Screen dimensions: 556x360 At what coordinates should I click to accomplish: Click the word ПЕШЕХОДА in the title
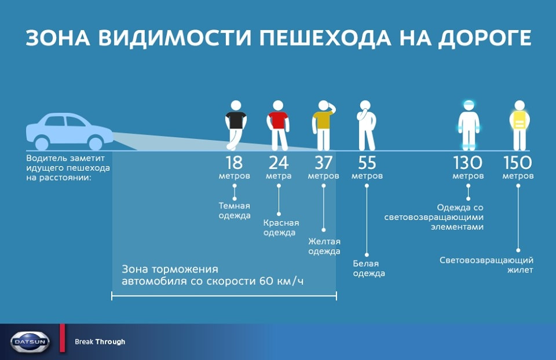(x=325, y=38)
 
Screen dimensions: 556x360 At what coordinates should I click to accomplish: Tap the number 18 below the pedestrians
(x=234, y=163)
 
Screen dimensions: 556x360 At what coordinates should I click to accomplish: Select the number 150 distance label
(x=518, y=163)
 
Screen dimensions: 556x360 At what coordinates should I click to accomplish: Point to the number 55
(x=367, y=163)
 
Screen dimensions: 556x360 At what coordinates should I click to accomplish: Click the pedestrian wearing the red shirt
(x=278, y=126)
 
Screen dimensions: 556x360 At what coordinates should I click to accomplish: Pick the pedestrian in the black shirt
(x=236, y=126)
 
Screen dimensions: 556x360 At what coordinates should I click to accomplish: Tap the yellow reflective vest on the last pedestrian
(x=520, y=120)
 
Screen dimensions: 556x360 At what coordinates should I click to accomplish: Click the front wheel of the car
(x=96, y=143)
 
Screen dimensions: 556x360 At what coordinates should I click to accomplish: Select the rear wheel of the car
(x=42, y=143)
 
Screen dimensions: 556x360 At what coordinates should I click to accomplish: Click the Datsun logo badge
(x=30, y=342)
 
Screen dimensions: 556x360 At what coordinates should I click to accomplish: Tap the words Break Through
(x=100, y=342)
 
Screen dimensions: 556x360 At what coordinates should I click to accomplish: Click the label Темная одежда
(x=235, y=211)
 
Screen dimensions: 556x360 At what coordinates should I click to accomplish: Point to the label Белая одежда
(x=369, y=268)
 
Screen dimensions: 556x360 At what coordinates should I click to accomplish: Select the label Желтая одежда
(x=324, y=246)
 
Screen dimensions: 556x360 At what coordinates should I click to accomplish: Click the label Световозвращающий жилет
(x=486, y=265)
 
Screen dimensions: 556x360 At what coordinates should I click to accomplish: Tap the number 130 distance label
(x=468, y=163)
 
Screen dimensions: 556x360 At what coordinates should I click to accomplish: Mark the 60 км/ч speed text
(x=281, y=281)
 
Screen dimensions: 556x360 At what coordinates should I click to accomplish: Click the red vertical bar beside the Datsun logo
(x=63, y=338)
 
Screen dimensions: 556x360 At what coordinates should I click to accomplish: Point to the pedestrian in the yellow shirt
(x=323, y=126)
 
